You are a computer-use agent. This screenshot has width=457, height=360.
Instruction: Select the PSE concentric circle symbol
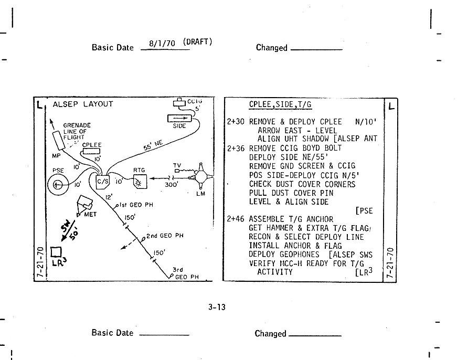(x=58, y=184)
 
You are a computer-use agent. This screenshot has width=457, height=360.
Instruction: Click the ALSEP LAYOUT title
(x=82, y=104)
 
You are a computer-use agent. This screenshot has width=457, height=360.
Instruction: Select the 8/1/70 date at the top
(x=162, y=44)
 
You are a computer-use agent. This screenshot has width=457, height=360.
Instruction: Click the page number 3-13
(x=217, y=307)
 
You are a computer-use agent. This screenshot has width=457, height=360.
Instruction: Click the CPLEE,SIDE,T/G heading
(x=280, y=104)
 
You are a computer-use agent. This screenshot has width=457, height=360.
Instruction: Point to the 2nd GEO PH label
(x=164, y=236)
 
